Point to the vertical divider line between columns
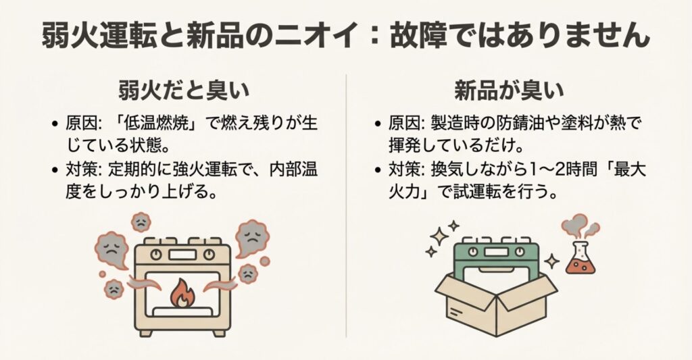click(x=346, y=203)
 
